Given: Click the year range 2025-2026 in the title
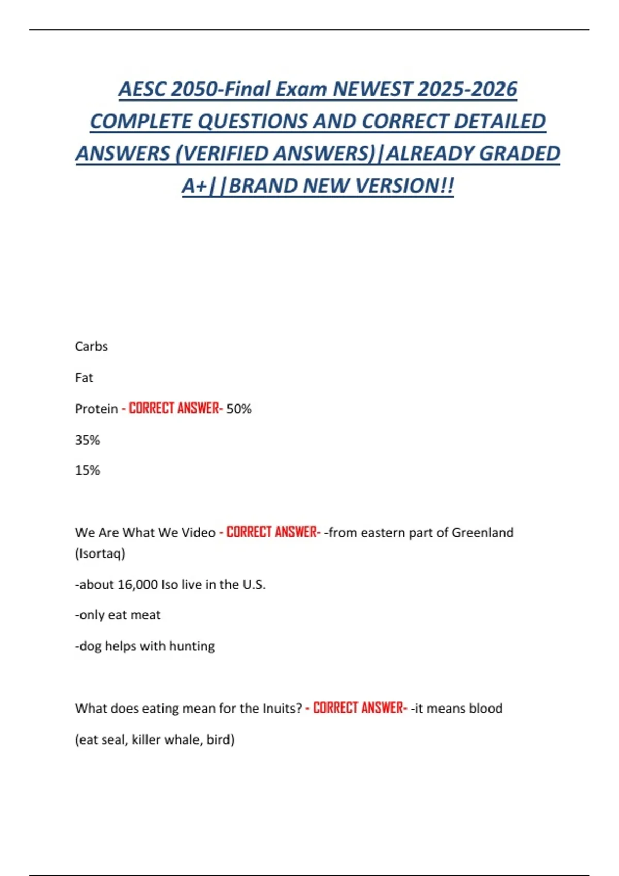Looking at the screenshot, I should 467,89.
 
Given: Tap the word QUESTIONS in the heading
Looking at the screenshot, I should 253,122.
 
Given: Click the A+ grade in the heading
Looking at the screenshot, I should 194,186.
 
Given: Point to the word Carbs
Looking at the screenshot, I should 91,346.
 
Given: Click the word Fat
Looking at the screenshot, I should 84,378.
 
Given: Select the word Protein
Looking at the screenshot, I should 96,409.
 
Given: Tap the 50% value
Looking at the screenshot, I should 239,409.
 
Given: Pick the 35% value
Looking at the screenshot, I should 87,440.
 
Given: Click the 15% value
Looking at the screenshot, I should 87,470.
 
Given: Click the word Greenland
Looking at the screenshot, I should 482,532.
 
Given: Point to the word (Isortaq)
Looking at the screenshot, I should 100,553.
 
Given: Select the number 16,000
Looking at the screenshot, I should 138,584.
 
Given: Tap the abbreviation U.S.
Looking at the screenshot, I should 254,584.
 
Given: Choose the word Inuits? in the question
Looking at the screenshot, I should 282,709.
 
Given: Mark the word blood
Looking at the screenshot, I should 486,709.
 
